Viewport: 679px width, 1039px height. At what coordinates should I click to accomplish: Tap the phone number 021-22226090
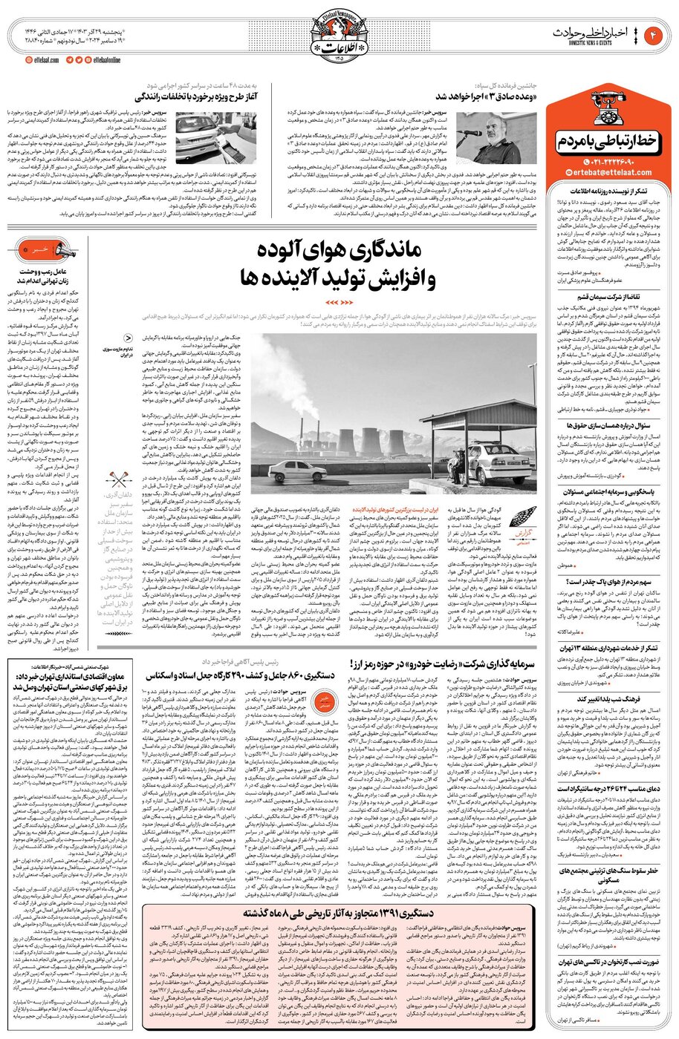(x=613, y=162)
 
